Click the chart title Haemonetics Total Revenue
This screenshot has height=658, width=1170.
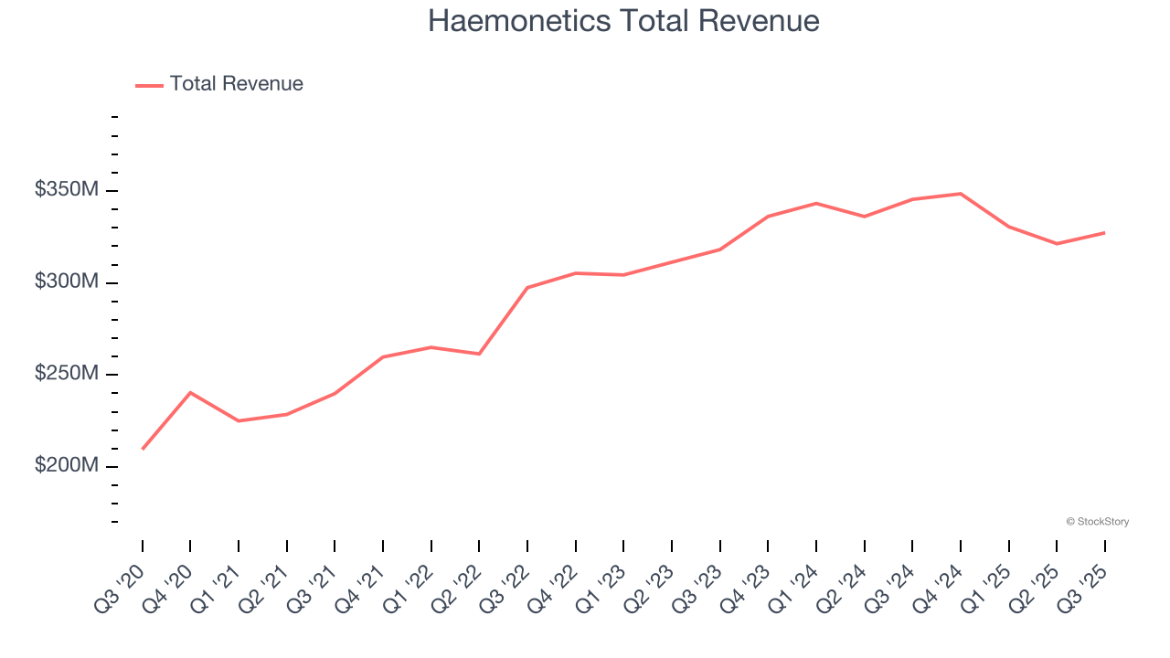pos(623,21)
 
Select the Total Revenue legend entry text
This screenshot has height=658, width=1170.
pos(236,84)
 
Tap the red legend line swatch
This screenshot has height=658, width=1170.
pos(149,85)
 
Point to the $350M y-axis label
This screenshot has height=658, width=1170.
pos(67,190)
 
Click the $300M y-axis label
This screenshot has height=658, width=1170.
pos(67,281)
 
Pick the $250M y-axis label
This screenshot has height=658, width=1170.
pos(67,374)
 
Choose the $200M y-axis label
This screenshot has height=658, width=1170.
pos(67,465)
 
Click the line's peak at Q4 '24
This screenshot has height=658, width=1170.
pos(961,194)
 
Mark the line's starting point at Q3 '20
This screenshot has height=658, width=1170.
pos(143,449)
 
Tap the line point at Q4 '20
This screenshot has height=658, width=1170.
pos(190,392)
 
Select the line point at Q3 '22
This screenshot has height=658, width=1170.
pos(527,288)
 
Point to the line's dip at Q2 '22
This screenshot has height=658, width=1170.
pos(479,354)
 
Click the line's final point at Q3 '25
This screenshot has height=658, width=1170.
pos(1104,233)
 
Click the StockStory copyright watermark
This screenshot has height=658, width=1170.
pos(1097,522)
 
